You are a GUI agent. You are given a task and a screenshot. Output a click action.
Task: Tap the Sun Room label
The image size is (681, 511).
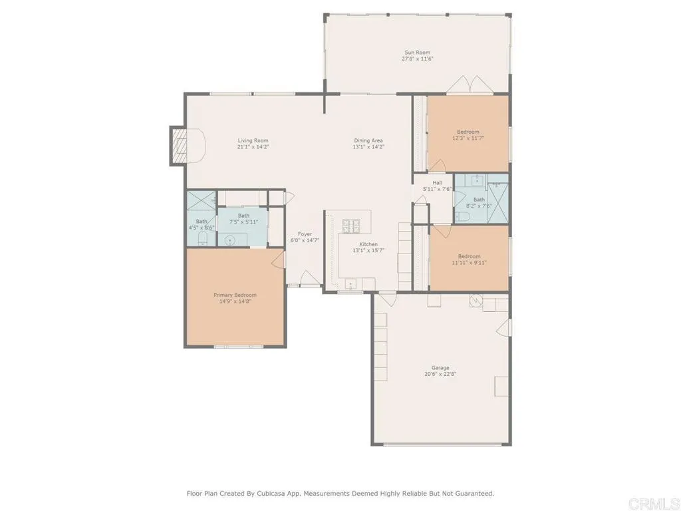coord(418,52)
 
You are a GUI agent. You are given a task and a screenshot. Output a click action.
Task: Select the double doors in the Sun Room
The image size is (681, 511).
coord(470,85)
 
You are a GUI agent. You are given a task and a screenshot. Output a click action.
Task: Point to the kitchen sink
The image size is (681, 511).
coord(350,285)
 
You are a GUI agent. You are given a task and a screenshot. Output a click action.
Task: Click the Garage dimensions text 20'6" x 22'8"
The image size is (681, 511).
coord(440,374)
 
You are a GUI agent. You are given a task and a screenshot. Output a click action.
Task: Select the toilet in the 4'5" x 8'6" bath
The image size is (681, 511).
coord(205,238)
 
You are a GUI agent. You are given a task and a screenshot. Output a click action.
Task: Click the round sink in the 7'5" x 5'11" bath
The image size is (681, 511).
coord(230,239)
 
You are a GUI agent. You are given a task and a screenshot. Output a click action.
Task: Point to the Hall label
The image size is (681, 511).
coord(437,182)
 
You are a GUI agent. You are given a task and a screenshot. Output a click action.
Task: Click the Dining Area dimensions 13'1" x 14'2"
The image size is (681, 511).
coord(368,147)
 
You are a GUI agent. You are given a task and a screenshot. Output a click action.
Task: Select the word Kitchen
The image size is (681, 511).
coord(368,244)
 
